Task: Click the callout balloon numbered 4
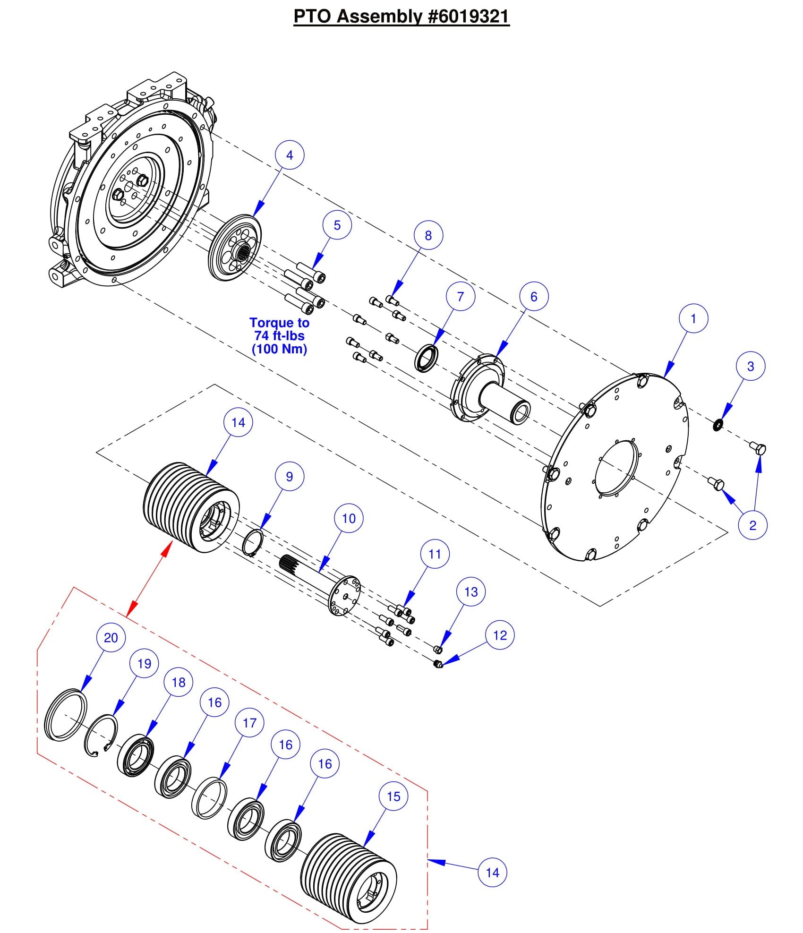pos(290,155)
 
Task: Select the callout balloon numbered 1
pos(693,319)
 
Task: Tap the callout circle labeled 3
pos(751,366)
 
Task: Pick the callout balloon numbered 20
pos(111,638)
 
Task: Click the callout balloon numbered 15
pos(393,796)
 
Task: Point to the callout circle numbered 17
pos(249,723)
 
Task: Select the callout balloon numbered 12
pos(500,635)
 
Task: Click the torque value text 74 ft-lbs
pos(279,336)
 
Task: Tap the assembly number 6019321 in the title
pos(469,17)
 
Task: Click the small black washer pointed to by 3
pos(718,425)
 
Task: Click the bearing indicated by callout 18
pos(136,760)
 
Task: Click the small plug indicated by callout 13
pos(438,649)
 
